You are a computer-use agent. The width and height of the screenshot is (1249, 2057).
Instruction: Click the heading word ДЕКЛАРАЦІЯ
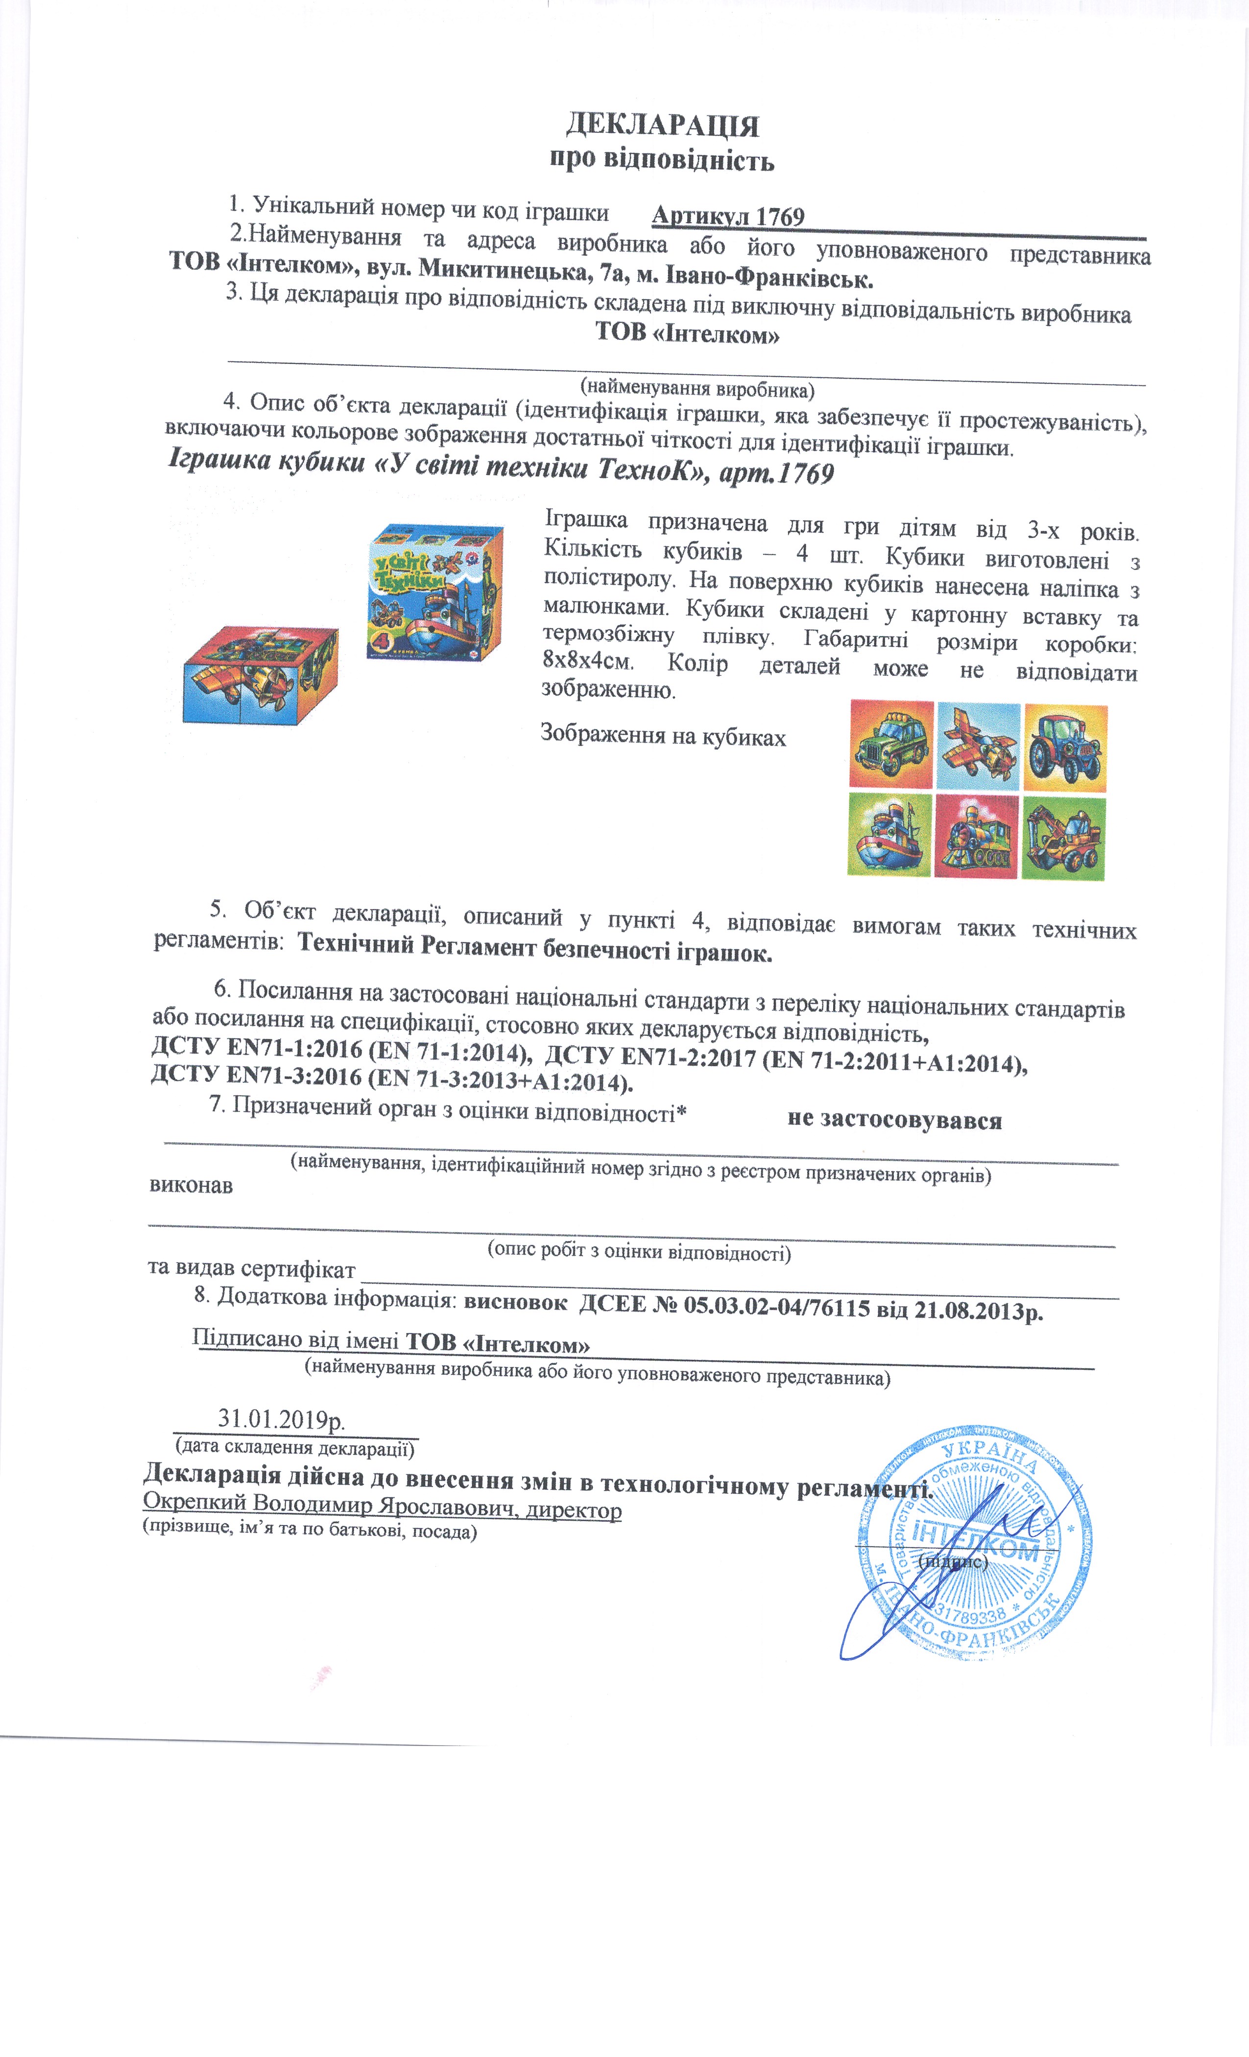pyautogui.click(x=662, y=125)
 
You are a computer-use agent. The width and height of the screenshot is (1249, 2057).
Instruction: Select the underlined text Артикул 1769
pyautogui.click(x=727, y=217)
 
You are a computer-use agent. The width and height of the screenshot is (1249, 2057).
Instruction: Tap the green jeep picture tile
pyautogui.click(x=891, y=745)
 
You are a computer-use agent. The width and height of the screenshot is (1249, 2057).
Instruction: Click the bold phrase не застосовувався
pyautogui.click(x=894, y=1120)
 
